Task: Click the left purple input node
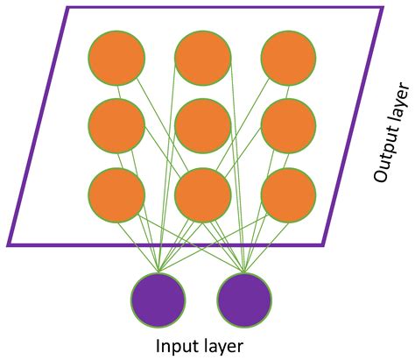pyautogui.click(x=158, y=300)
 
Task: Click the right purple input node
pyautogui.click(x=244, y=300)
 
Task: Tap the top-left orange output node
pyautogui.click(x=116, y=58)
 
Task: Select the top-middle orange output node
pyautogui.click(x=202, y=58)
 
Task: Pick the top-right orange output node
pyautogui.click(x=288, y=58)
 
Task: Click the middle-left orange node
pyautogui.click(x=116, y=126)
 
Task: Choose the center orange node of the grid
pyautogui.click(x=202, y=126)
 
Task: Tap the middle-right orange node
pyautogui.click(x=288, y=126)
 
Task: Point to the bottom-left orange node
pyautogui.click(x=116, y=194)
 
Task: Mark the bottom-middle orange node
pyautogui.click(x=202, y=194)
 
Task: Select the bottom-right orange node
pyautogui.click(x=288, y=194)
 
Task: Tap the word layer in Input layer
pyautogui.click(x=224, y=346)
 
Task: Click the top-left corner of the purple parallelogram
pyautogui.click(x=67, y=9)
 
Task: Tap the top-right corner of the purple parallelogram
pyautogui.click(x=382, y=9)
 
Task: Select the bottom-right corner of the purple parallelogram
pyautogui.click(x=324, y=244)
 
